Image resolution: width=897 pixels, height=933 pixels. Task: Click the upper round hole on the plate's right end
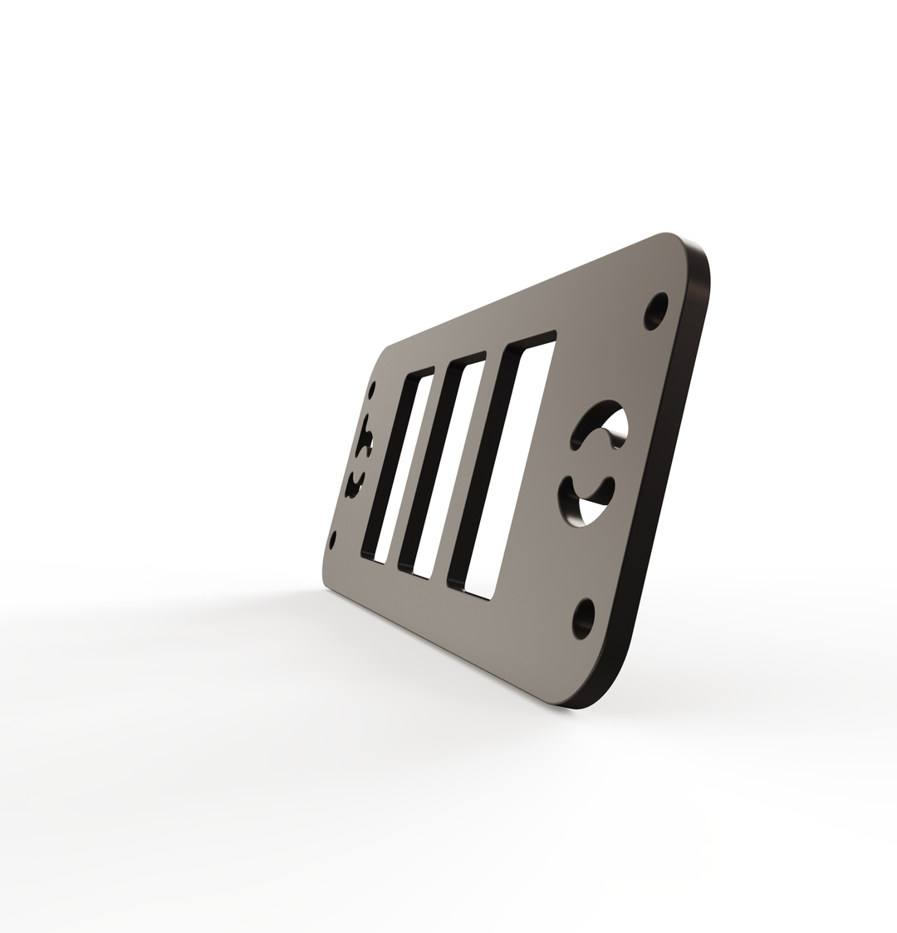tap(656, 311)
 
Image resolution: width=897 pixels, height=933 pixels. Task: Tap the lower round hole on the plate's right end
tap(584, 618)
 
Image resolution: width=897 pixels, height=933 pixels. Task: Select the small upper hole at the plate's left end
tap(372, 390)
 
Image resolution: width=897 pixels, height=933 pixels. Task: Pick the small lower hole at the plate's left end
tap(333, 540)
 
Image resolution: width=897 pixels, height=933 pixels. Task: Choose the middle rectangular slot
tap(444, 465)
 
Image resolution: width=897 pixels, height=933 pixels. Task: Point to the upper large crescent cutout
tap(600, 423)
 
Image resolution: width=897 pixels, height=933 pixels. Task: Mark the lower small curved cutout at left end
tap(355, 484)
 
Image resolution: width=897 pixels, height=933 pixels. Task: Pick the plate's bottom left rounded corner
tap(326, 580)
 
